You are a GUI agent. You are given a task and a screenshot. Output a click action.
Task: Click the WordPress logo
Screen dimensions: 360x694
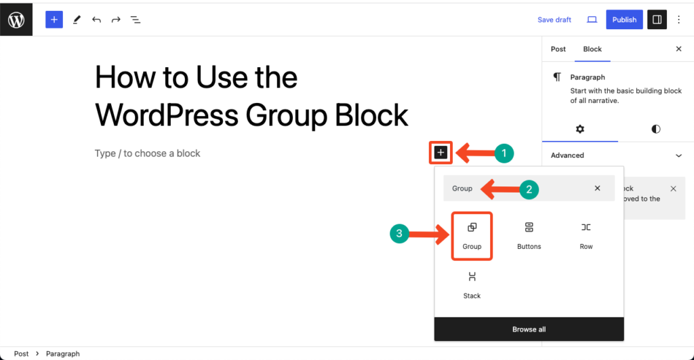16,20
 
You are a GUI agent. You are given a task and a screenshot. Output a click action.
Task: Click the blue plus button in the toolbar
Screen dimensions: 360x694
54,20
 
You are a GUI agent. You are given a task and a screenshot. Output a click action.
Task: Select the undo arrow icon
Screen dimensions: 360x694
96,20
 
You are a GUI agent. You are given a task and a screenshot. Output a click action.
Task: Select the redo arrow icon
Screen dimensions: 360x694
116,20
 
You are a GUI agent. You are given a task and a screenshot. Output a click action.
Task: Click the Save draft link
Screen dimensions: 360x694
554,20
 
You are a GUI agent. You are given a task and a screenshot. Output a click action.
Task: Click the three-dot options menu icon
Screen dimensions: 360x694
680,20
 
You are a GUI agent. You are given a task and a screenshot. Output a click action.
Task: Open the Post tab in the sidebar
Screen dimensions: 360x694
558,49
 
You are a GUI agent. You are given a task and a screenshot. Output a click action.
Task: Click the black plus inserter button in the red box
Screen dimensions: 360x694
441,153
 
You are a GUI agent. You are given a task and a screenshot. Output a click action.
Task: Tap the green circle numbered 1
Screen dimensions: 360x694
502,153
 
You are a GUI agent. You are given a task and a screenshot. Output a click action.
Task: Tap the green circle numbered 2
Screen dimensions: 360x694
529,189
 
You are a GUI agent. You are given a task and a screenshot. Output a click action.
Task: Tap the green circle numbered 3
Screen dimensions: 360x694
399,235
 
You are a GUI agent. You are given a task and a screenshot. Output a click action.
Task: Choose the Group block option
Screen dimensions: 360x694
472,236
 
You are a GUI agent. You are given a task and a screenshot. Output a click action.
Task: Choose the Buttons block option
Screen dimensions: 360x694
529,236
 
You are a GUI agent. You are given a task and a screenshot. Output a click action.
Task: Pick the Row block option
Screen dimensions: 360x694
586,236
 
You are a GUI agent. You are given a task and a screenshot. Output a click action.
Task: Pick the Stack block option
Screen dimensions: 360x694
472,285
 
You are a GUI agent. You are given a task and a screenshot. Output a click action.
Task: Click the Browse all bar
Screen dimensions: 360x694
529,329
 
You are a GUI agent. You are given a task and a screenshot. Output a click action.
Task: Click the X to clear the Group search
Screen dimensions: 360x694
597,188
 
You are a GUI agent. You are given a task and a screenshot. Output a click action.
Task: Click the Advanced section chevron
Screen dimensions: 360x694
678,155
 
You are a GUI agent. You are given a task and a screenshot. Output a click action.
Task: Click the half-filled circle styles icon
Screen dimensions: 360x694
655,129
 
